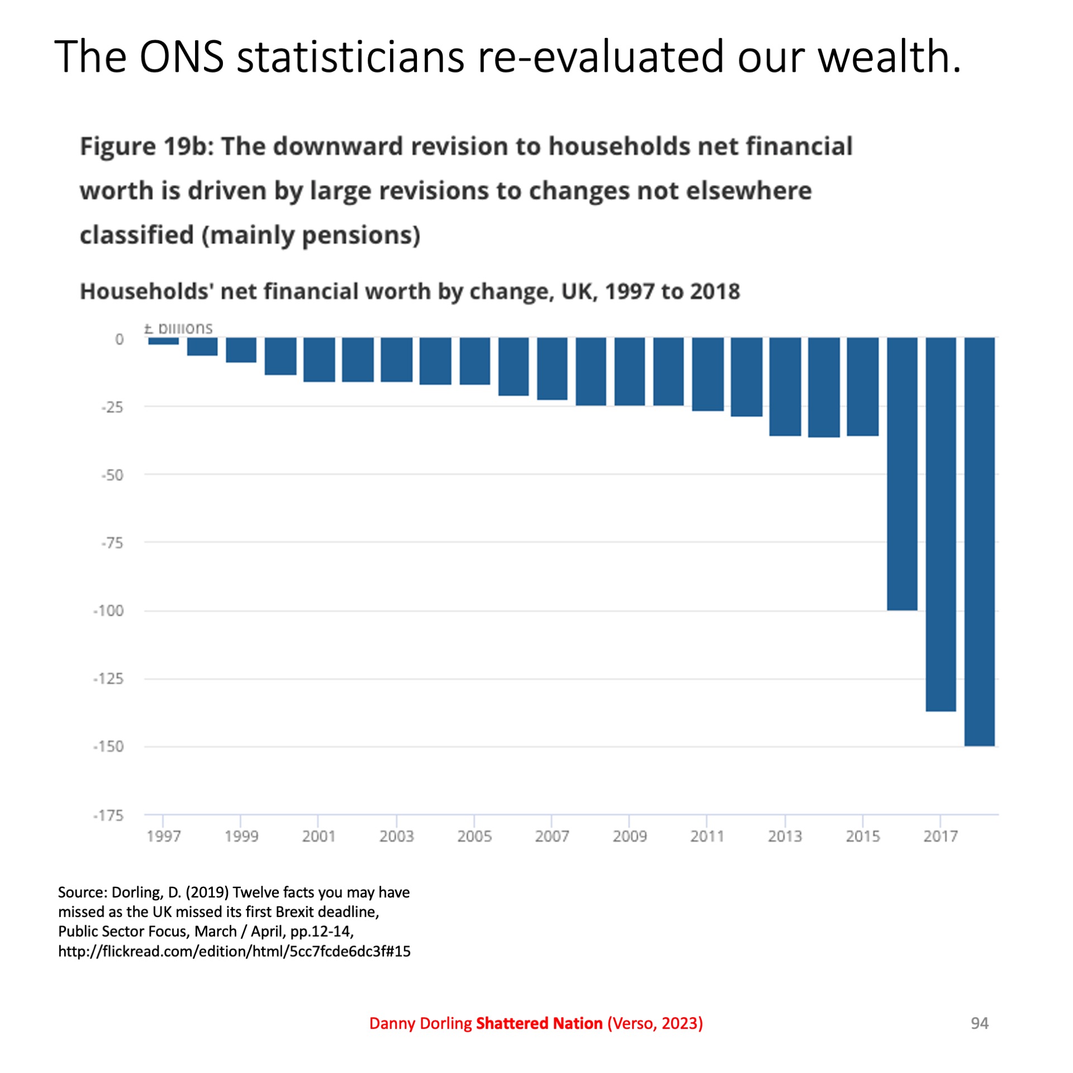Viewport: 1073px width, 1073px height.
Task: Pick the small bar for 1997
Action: click(x=163, y=341)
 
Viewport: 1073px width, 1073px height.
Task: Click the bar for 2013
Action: click(x=785, y=386)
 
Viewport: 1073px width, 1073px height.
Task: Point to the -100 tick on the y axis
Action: click(x=108, y=610)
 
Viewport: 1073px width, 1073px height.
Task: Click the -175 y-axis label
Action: click(x=108, y=815)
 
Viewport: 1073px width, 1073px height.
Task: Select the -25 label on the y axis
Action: click(x=112, y=407)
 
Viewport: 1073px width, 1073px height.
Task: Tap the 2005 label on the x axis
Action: click(x=474, y=836)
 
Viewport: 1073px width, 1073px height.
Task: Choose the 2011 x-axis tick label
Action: click(x=707, y=836)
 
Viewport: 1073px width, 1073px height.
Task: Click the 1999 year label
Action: click(x=241, y=836)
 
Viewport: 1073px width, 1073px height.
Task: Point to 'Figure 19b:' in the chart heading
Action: click(x=147, y=146)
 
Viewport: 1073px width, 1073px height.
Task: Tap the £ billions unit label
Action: click(x=178, y=328)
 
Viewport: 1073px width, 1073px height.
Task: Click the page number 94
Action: click(x=979, y=1023)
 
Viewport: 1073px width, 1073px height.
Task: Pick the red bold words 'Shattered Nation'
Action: click(x=539, y=1023)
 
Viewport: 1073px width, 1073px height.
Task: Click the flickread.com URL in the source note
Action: click(x=234, y=951)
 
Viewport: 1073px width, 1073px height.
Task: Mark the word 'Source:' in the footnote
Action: click(x=83, y=892)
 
